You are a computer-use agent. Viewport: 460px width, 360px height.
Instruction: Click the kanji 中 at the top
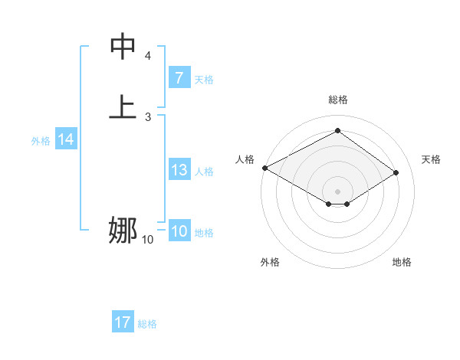123,46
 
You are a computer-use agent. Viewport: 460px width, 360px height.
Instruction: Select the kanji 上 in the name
123,106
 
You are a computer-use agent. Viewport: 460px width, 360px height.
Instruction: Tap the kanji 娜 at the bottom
123,229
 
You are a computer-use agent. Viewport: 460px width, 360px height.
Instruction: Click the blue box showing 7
179,77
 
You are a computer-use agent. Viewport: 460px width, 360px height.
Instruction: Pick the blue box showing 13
179,170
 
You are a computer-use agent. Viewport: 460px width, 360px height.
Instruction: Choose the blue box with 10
179,231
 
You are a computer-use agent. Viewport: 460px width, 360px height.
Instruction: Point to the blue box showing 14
65,139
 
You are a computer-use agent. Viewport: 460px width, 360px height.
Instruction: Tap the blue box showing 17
122,322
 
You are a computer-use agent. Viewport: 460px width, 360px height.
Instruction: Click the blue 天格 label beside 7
204,79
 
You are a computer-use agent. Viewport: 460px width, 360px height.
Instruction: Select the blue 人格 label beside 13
204,172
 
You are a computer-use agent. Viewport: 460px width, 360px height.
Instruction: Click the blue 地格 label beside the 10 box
204,233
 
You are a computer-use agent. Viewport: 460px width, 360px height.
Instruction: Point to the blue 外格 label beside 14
41,141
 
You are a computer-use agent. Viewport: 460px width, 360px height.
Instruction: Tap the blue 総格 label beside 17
147,324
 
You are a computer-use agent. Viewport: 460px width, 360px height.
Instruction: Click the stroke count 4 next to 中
148,56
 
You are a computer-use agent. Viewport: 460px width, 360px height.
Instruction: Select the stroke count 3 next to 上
148,116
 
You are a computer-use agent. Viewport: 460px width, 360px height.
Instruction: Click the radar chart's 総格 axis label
337,100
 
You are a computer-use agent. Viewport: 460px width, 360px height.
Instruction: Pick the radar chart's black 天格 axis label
432,159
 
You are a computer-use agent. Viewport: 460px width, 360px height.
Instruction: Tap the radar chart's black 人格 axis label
245,159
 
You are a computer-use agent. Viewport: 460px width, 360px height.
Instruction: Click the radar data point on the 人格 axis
264,167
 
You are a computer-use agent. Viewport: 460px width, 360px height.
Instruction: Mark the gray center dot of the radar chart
337,191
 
